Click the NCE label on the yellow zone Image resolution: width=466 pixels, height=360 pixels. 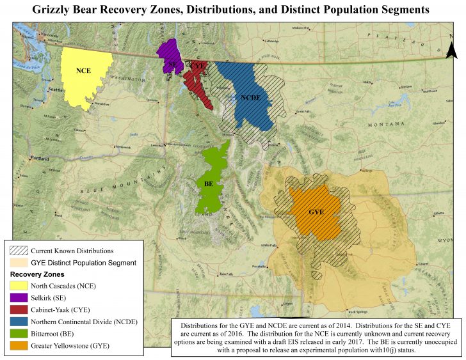point(83,71)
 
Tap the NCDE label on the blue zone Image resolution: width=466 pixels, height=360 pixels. point(250,98)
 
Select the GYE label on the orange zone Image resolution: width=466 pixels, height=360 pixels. point(316,212)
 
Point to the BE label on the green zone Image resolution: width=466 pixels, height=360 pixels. point(209,184)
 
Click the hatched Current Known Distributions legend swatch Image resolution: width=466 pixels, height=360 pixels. point(19,251)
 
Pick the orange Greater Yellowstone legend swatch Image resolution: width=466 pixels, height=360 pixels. point(19,345)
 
